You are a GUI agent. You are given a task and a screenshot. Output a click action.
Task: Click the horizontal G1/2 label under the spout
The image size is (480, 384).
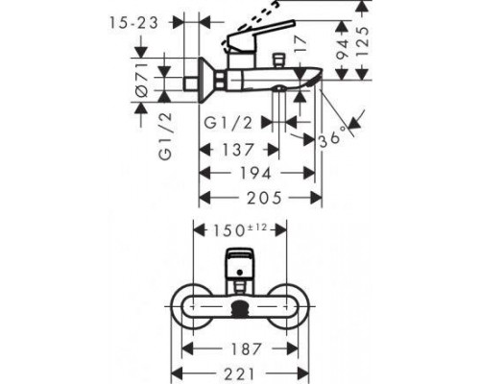pyautogui.click(x=230, y=123)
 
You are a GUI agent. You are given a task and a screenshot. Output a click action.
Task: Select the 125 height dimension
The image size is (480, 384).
pyautogui.click(x=359, y=41)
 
